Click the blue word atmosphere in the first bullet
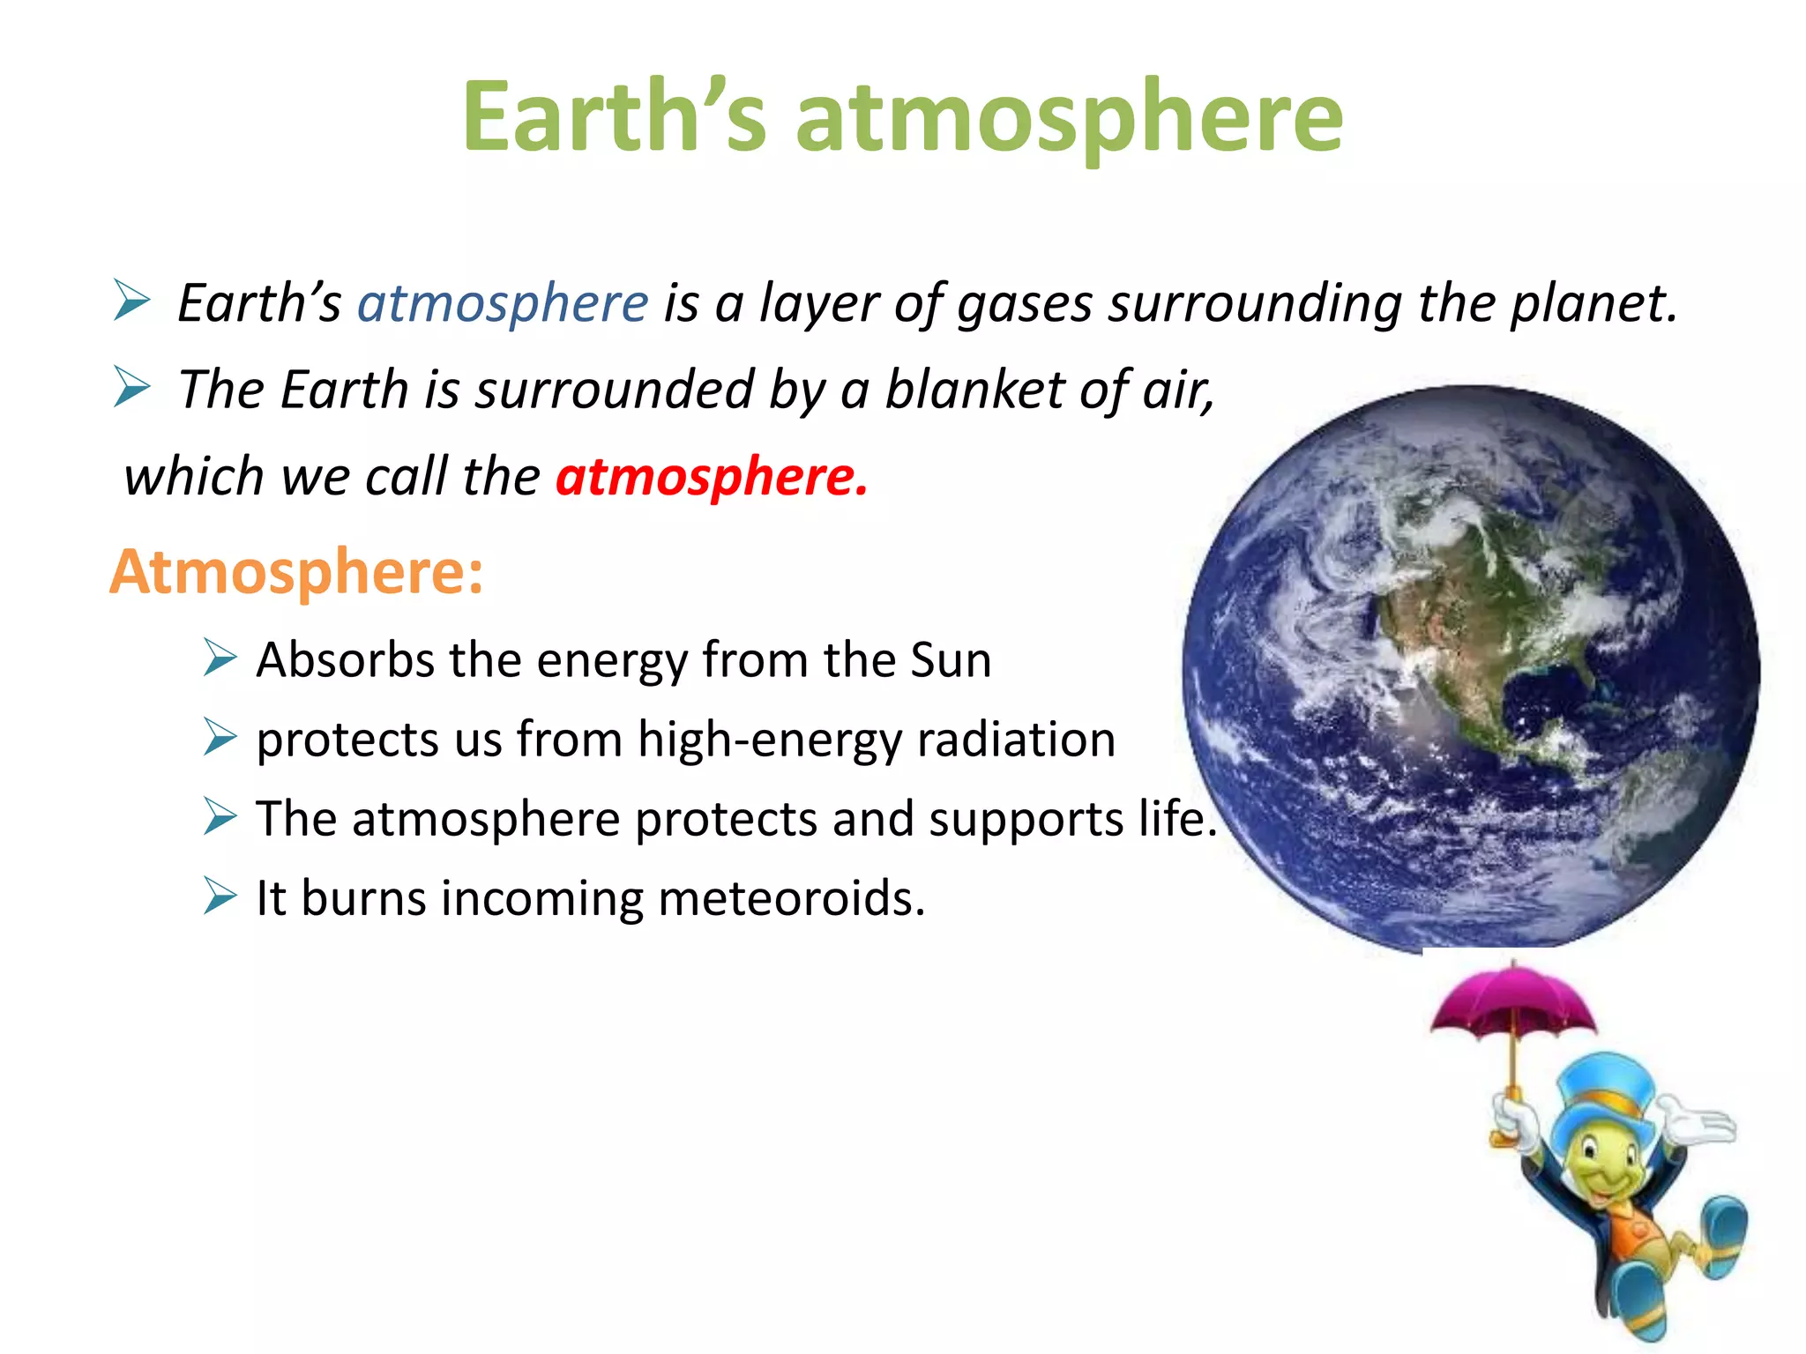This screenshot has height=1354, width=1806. click(503, 303)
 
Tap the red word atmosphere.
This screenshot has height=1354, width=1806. click(711, 477)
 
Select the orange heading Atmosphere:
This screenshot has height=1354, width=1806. click(296, 572)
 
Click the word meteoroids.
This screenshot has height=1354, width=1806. click(791, 898)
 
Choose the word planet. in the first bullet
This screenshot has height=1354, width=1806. click(1593, 303)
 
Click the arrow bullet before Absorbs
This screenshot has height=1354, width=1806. click(220, 658)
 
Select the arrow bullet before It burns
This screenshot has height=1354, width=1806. click(220, 896)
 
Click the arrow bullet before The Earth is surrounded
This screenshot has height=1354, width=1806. click(132, 388)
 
